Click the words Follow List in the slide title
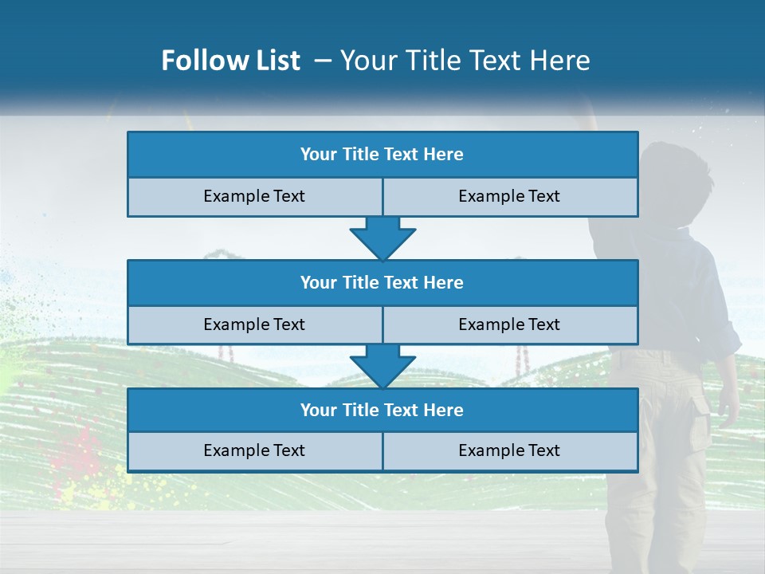230,61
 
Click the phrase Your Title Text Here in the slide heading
465,61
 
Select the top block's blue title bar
382,155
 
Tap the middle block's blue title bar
382,283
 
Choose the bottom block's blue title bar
382,411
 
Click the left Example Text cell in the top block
254,197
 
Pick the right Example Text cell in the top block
510,197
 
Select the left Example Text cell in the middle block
254,325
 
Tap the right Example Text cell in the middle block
510,325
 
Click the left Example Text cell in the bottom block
254,451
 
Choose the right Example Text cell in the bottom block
510,451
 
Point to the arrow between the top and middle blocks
382,238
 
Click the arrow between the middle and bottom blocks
382,366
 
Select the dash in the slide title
323,61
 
